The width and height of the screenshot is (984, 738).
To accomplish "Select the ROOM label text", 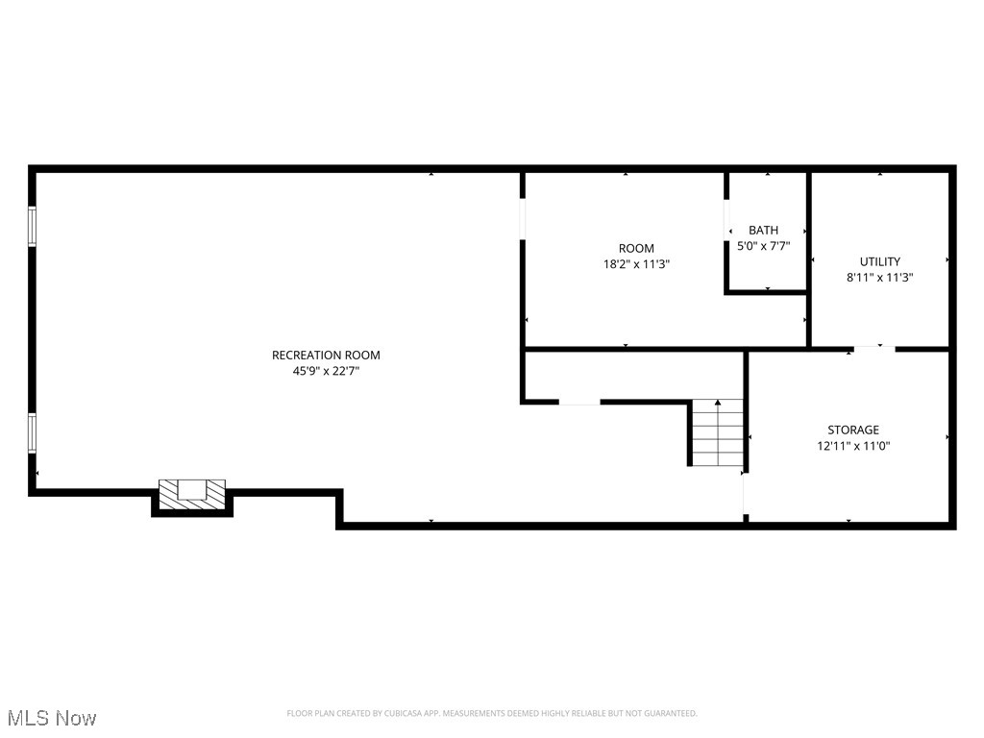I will tap(636, 248).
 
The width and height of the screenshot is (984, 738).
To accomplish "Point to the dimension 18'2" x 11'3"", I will tap(636, 263).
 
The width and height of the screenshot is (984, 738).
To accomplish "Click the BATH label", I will tap(764, 230).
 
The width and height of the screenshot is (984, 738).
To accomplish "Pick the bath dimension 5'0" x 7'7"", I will tap(765, 245).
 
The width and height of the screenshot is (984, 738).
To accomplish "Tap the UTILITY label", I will tap(879, 261).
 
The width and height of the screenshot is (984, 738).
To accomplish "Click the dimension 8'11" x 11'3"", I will tap(879, 277).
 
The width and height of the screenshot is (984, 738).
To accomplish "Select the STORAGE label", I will tap(853, 430).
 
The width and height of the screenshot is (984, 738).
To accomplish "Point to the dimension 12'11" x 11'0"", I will tap(853, 445).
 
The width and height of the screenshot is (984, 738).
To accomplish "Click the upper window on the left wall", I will tap(32, 227).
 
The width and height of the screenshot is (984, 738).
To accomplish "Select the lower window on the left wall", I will tap(32, 432).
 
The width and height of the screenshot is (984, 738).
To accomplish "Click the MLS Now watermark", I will tap(51, 718).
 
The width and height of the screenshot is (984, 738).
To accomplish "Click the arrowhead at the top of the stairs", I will tap(717, 404).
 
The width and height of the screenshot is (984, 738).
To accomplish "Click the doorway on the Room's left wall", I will tap(523, 218).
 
